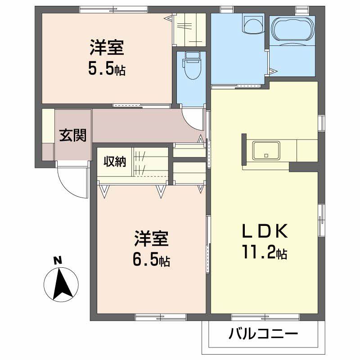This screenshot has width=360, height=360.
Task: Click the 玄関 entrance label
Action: click(73, 135)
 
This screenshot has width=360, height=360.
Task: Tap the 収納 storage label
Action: click(115, 162)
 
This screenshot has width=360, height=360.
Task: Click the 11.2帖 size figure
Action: click(264, 254)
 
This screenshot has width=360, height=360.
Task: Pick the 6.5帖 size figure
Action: click(151, 261)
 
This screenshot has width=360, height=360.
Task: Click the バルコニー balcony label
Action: click(263, 335)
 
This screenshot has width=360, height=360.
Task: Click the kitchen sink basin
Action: click(266, 150)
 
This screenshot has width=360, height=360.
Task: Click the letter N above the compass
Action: click(57, 260)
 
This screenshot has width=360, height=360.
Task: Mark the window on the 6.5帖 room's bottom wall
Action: click(154, 318)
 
